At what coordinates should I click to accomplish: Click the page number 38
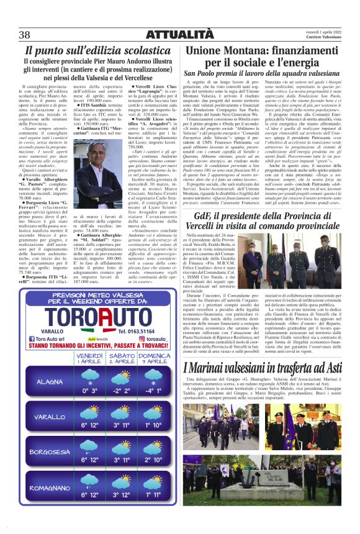[x=25, y=34]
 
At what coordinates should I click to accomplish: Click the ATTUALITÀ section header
[x=180, y=33]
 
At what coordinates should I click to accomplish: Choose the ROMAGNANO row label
[x=50, y=487]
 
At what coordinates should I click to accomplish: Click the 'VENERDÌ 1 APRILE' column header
[x=90, y=358]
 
